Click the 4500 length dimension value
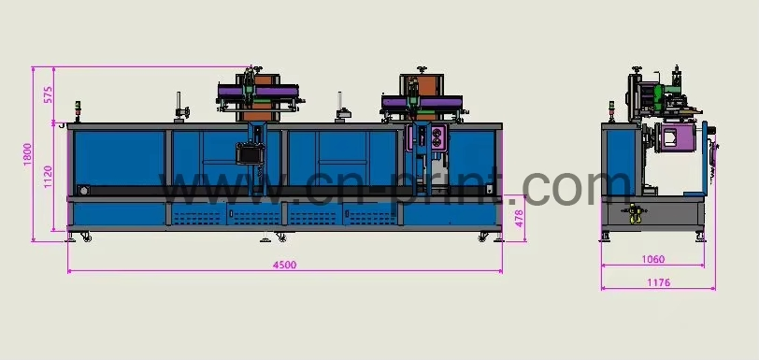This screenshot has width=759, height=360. coord(284,265)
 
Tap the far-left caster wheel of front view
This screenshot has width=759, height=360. coord(87,238)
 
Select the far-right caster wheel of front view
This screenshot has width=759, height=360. coord(482,237)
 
